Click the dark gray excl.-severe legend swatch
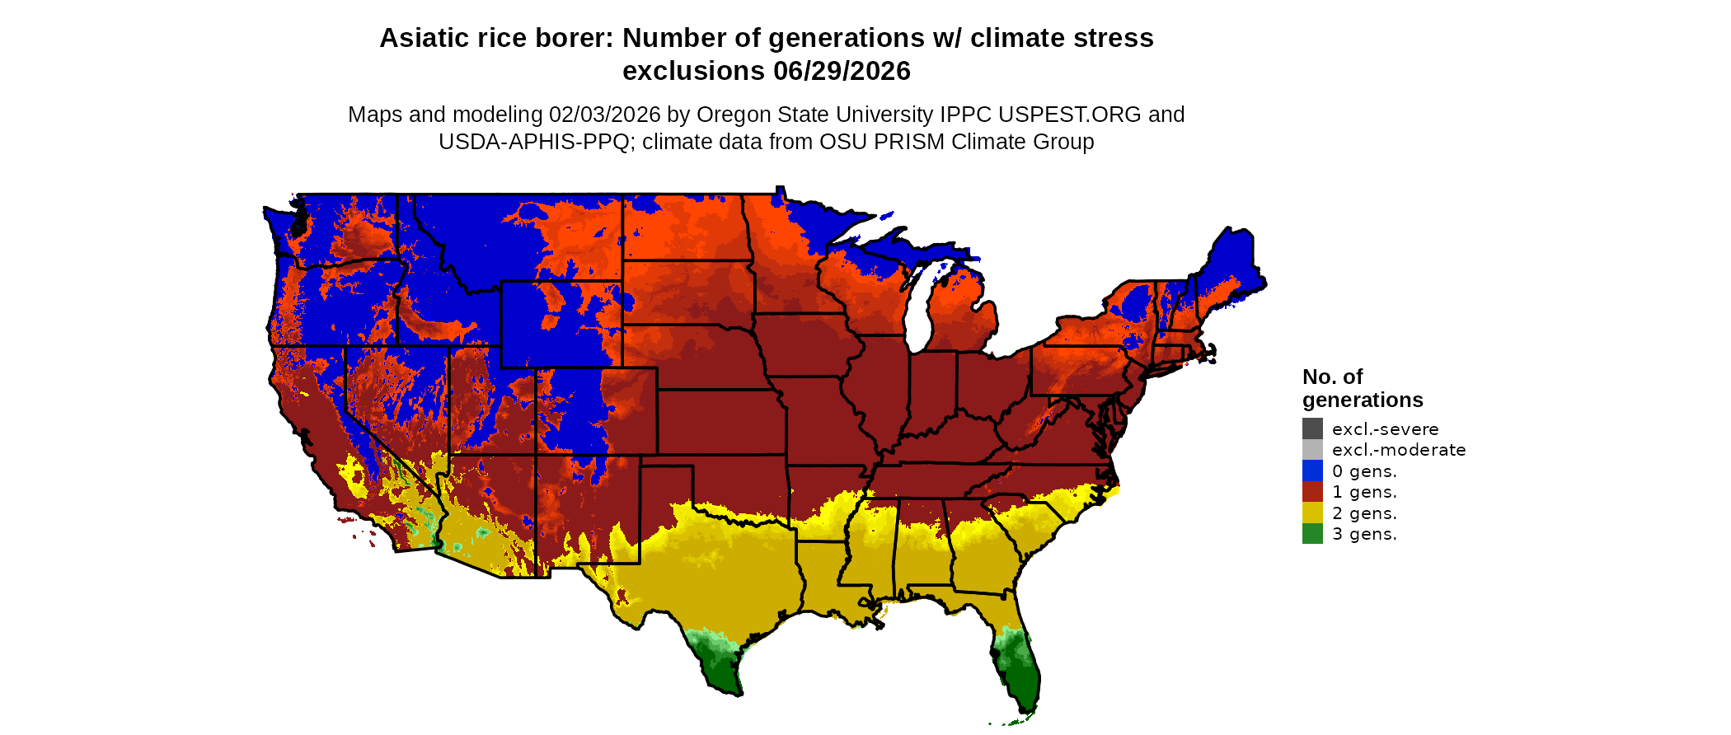(x=1312, y=428)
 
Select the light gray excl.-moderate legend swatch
(x=1312, y=450)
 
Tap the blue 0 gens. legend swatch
(x=1312, y=470)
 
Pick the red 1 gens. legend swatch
(x=1312, y=492)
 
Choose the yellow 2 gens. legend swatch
(x=1312, y=513)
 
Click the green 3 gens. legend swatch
(x=1312, y=534)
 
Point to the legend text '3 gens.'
(x=1364, y=534)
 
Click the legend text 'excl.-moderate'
(x=1399, y=450)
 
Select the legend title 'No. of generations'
(x=1363, y=388)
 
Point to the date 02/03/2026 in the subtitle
(x=605, y=115)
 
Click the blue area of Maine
(x=1228, y=264)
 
